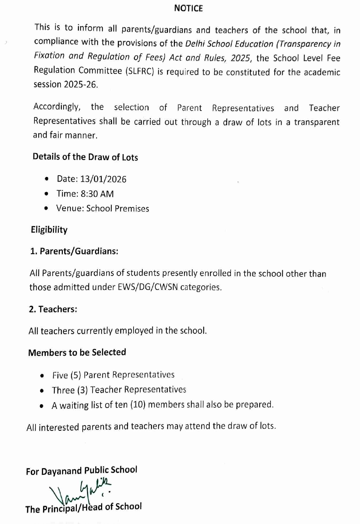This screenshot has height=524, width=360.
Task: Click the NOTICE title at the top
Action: (188, 8)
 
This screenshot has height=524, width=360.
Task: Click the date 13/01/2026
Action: (103, 179)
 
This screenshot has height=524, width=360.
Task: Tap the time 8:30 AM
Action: (97, 194)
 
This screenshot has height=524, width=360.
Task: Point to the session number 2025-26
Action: (81, 85)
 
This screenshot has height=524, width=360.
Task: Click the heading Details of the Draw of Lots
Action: (85, 157)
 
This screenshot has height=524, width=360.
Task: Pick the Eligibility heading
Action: (49, 230)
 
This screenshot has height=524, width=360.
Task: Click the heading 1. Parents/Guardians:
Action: (74, 251)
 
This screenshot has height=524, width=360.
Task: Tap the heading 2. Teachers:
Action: (53, 309)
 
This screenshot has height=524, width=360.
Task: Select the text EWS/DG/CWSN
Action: (148, 287)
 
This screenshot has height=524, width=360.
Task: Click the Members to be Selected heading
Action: (77, 353)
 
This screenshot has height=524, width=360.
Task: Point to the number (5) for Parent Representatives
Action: (76, 375)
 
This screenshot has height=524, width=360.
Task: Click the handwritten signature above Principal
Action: (80, 491)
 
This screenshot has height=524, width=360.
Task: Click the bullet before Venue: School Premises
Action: (46, 208)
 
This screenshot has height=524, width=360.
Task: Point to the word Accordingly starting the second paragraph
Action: (57, 107)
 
